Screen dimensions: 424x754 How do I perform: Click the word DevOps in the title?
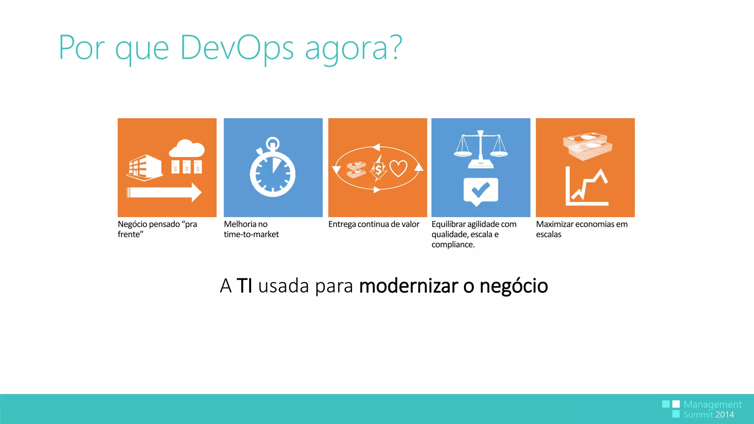tap(236, 48)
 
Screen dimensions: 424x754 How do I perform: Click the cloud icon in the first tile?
tap(187, 149)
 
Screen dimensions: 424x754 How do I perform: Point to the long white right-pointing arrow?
tap(164, 192)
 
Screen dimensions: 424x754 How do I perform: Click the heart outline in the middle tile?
tap(398, 169)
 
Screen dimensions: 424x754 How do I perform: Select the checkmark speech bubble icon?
tap(480, 191)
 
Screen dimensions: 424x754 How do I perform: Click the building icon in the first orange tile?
tap(144, 167)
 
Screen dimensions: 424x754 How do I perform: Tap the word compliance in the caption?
tap(452, 245)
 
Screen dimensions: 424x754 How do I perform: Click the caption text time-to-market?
tap(251, 234)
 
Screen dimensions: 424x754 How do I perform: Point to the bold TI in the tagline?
tap(244, 286)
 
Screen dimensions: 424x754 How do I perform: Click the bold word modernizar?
tap(409, 286)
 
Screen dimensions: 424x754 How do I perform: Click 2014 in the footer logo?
tap(725, 415)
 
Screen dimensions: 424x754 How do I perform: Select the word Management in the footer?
tap(712, 404)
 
